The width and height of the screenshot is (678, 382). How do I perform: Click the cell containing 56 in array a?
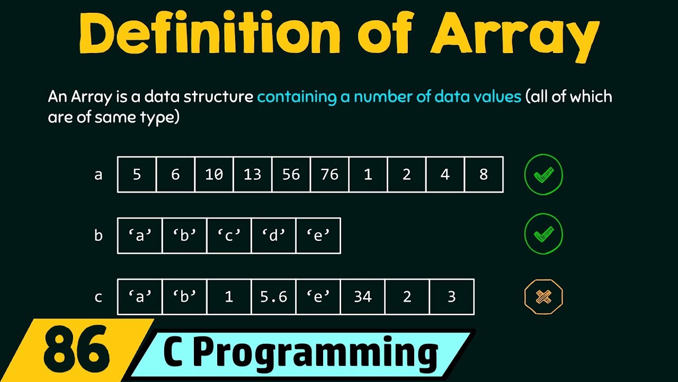291,175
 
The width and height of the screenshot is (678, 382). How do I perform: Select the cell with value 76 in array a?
329,175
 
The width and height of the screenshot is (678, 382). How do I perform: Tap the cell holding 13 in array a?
253,175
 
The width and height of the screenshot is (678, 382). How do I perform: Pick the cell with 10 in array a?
214,175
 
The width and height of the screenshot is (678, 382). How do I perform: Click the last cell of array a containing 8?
484,175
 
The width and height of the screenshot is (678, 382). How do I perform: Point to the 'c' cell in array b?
229,236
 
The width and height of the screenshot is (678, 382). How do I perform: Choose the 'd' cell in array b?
273,236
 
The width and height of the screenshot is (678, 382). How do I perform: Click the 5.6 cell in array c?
273,297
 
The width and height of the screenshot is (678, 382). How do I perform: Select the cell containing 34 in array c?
363,297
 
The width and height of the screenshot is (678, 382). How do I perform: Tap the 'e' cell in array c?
318,297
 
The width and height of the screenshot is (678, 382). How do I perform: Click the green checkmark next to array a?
543,175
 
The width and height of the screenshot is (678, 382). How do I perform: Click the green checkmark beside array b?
543,235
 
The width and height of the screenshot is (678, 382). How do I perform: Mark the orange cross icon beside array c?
543,297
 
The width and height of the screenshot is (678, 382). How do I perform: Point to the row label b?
99,236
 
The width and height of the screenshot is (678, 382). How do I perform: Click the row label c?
99,297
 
